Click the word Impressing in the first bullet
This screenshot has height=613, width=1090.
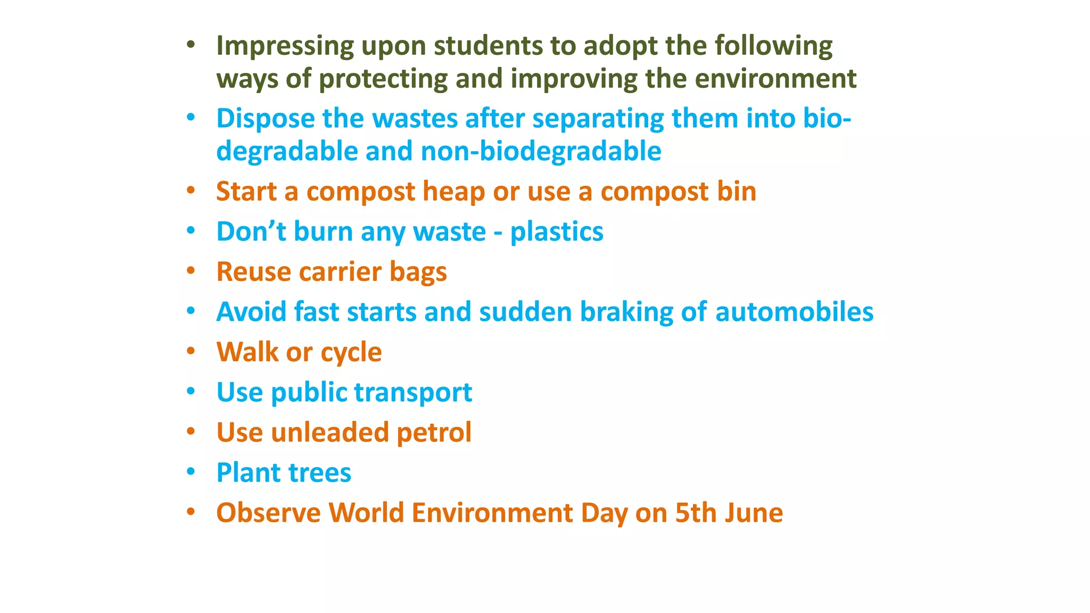coord(285,46)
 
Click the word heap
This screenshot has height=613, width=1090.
coord(453,192)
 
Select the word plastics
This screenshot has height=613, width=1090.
coord(557,232)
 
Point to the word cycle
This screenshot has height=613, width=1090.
coord(351,353)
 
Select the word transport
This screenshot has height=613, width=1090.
coord(413,393)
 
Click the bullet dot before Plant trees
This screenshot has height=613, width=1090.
coord(191,471)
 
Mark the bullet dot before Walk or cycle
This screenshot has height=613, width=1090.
coord(191,351)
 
